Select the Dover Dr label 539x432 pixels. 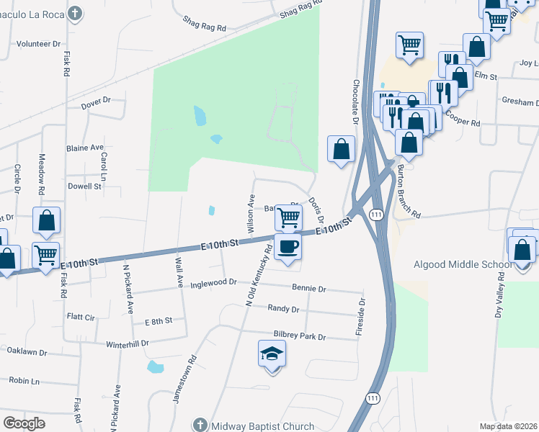pos(95,103)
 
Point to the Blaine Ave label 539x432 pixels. pos(85,147)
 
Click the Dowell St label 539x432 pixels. pos(84,186)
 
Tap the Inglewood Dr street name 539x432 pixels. pos(213,283)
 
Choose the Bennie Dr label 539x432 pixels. pos(309,289)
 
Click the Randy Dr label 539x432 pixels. pos(283,309)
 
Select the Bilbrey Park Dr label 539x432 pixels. pos(300,336)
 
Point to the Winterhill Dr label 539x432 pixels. pos(126,343)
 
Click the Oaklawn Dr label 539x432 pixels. pos(27,353)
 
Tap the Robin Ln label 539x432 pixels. pos(24,380)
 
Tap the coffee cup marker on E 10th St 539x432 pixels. pos(288,247)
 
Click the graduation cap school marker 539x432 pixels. pos(272,354)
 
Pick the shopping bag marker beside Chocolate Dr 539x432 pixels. pos(342,149)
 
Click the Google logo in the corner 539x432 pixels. pos(24,423)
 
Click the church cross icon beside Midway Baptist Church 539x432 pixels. pos(200,426)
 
